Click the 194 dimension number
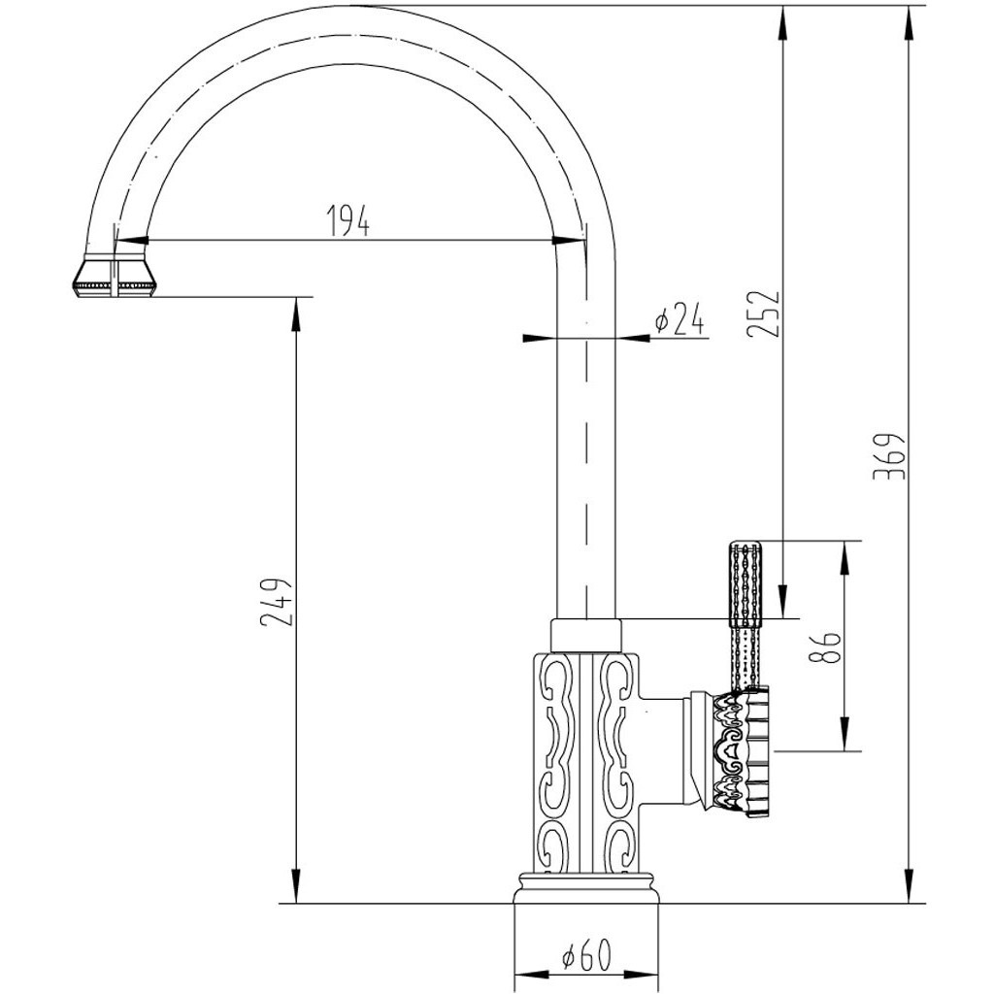coord(348,220)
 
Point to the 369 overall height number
coord(889,456)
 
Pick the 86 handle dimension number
coord(826,646)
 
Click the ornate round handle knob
coord(741,750)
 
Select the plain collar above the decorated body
coord(585,634)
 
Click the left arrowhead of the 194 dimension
coord(132,241)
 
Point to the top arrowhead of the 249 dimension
coord(295,313)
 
